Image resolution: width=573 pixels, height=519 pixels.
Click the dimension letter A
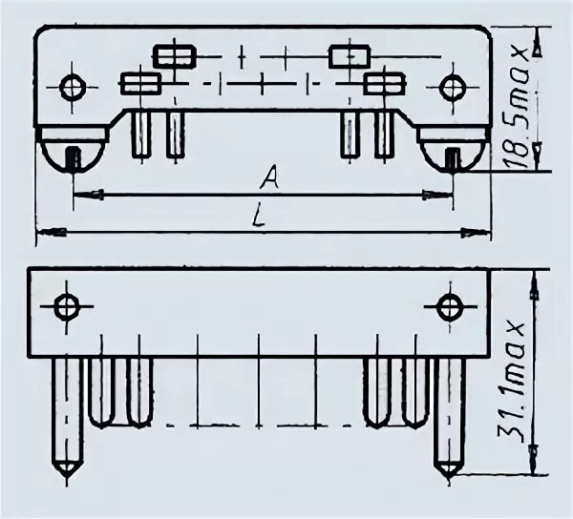click(270, 176)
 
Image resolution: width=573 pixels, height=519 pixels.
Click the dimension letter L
click(258, 216)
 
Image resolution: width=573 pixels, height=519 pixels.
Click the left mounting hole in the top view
click(73, 88)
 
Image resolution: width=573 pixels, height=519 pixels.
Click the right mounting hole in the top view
click(451, 88)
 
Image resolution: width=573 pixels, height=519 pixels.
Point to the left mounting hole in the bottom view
click(67, 307)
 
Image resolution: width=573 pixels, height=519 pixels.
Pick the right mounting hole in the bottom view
click(449, 307)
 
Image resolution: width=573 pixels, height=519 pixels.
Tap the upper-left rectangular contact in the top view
click(175, 56)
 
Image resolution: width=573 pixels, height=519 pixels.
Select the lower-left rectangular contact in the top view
click(139, 84)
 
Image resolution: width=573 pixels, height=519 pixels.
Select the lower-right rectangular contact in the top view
click(384, 84)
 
